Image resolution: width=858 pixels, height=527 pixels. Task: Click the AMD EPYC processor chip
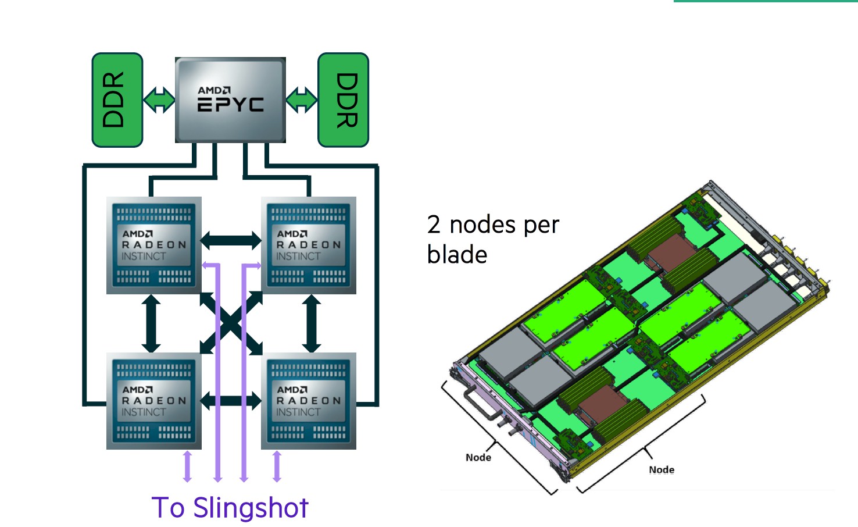pos(230,99)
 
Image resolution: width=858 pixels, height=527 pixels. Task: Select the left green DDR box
pos(117,100)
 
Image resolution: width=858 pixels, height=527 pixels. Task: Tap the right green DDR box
pos(344,100)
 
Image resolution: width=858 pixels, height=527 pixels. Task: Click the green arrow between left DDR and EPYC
pos(159,100)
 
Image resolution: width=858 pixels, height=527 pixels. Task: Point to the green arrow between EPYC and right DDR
pos(302,100)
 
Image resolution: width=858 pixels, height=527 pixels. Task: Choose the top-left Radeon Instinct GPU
pos(154,245)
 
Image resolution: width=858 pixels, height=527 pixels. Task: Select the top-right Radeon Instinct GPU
pos(309,245)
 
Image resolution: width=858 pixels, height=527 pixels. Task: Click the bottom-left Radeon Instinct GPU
pos(154,401)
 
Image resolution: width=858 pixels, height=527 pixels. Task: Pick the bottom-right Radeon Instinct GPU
pos(309,401)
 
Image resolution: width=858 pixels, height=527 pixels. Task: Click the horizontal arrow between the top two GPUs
pos(231,240)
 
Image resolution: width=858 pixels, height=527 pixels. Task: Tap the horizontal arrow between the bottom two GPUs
pos(231,400)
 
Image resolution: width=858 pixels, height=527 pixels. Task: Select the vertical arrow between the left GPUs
pos(151,323)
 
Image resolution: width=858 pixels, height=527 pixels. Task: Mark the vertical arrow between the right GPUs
pos(312,323)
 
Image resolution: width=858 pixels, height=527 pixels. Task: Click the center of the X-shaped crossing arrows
pos(231,323)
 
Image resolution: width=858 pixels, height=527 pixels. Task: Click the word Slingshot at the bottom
pos(251,508)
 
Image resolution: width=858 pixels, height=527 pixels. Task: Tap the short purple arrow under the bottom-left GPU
pos(187,466)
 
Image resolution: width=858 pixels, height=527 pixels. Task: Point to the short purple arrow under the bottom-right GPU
pos(277,466)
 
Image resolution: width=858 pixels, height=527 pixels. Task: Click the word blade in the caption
pos(457,255)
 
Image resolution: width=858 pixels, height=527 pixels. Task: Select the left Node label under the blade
pos(478,458)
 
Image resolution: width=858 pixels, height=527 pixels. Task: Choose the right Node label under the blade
pos(662,470)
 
